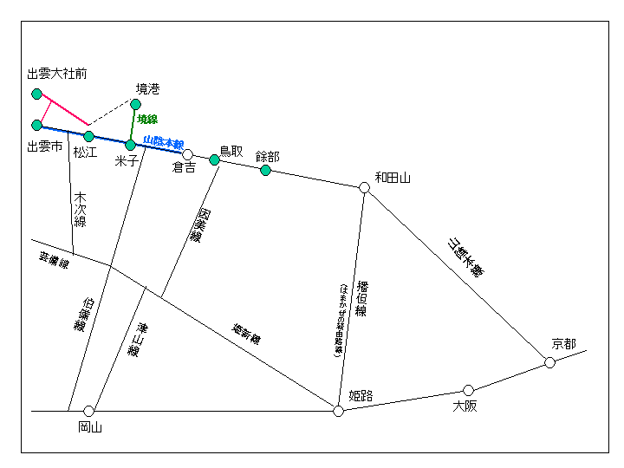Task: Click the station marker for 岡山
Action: click(x=88, y=411)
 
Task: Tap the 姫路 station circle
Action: click(x=338, y=411)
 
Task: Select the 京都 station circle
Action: click(x=549, y=362)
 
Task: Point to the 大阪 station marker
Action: click(x=468, y=390)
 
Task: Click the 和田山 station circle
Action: click(x=365, y=187)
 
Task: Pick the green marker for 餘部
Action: click(x=266, y=170)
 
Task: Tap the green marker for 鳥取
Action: click(x=214, y=159)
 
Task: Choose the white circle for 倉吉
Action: click(x=187, y=154)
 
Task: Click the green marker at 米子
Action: click(x=130, y=145)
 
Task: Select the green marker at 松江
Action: click(x=88, y=136)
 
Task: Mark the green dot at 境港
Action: click(x=135, y=104)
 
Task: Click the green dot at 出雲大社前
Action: click(x=36, y=94)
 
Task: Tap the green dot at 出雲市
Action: click(x=36, y=125)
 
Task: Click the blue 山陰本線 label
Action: click(x=163, y=142)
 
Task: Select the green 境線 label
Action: click(x=147, y=120)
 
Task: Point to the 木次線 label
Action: click(x=81, y=209)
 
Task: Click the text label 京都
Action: click(x=563, y=344)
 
